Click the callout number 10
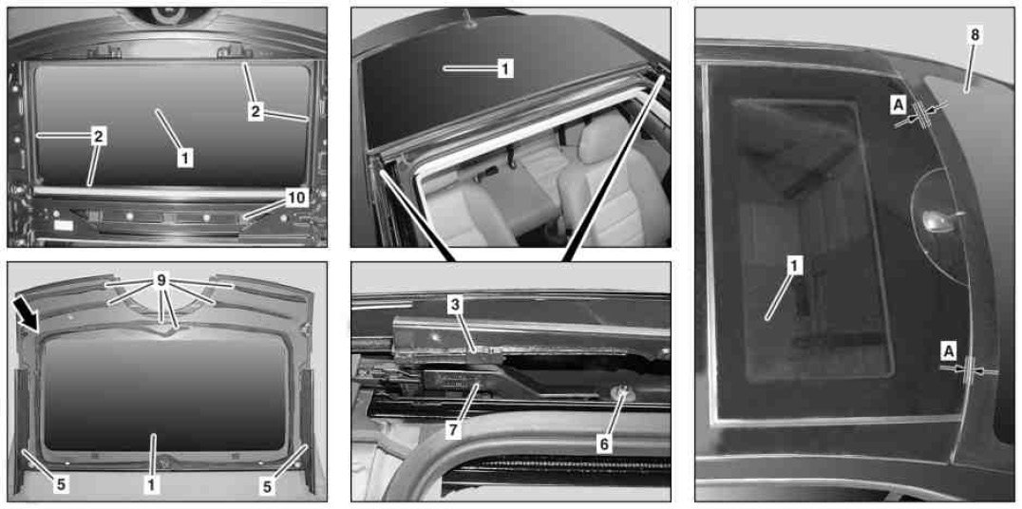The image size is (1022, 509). [x=296, y=198]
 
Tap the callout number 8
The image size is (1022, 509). [x=975, y=35]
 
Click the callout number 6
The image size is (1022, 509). [x=604, y=443]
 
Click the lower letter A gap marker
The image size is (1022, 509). [x=948, y=351]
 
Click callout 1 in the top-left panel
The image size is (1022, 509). [x=185, y=157]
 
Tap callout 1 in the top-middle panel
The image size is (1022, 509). [x=505, y=67]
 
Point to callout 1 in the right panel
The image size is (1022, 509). [x=795, y=265]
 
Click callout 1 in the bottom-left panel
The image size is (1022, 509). [x=151, y=483]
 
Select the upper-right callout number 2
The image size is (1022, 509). [x=255, y=112]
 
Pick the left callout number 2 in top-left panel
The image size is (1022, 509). [x=99, y=136]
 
